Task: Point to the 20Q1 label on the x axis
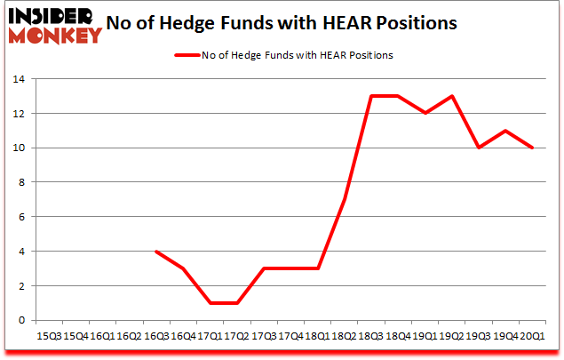(532, 337)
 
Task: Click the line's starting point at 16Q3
(157, 252)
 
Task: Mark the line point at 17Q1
(211, 303)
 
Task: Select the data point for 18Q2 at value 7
(345, 200)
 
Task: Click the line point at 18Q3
(371, 96)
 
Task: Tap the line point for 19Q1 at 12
(425, 114)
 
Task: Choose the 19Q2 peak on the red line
(452, 96)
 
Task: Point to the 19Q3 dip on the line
(479, 148)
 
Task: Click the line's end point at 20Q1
(532, 148)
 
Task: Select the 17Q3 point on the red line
(264, 268)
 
